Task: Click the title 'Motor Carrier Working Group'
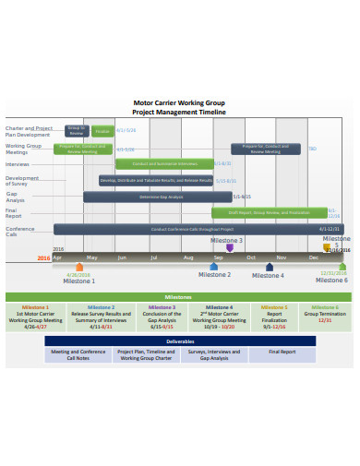(x=179, y=103)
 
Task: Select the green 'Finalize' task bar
(x=102, y=132)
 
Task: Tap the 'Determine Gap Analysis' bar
(x=156, y=197)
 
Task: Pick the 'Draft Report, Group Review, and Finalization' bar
(x=269, y=212)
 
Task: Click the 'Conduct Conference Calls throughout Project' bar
(x=185, y=229)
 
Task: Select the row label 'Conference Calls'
(x=19, y=231)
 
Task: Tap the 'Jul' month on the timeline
(x=154, y=257)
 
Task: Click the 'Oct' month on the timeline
(x=250, y=257)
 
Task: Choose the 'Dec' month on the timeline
(x=314, y=257)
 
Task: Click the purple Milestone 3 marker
(x=229, y=247)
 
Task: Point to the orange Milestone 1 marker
(x=79, y=267)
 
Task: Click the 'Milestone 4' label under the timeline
(x=269, y=275)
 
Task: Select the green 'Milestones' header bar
(x=179, y=297)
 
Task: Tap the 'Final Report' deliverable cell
(x=282, y=352)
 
